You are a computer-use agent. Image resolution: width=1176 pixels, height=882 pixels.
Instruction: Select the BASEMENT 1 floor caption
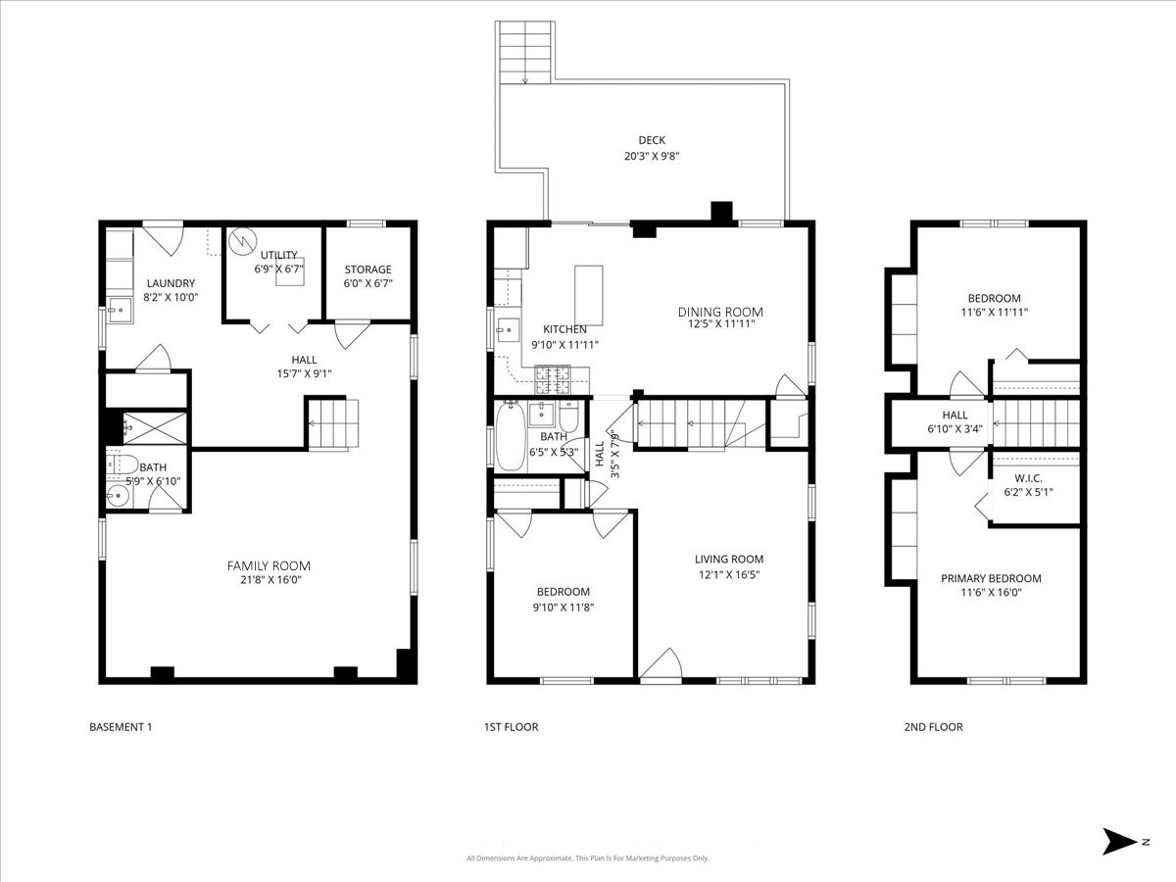pos(121,727)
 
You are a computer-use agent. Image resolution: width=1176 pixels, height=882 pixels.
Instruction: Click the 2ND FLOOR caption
pos(933,727)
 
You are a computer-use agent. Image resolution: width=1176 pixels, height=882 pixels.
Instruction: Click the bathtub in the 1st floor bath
pos(510,436)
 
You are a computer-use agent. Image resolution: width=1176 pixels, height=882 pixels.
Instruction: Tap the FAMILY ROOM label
pos(269,565)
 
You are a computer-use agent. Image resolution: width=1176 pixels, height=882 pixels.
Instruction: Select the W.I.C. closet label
pos(1027,478)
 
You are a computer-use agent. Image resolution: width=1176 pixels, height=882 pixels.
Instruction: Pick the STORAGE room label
pos(367,269)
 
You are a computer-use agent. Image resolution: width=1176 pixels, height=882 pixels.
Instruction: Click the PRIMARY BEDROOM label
pos(991,578)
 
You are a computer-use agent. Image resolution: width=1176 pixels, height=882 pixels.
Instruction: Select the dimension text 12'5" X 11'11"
pos(719,324)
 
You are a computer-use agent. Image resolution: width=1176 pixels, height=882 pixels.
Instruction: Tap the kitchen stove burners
pos(553,374)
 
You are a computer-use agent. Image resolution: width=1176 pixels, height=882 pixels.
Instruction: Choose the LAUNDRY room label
pos(171,283)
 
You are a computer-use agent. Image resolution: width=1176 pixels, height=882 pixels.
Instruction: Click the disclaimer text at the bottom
pos(588,858)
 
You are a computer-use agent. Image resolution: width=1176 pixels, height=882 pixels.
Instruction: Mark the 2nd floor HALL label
pos(955,416)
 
